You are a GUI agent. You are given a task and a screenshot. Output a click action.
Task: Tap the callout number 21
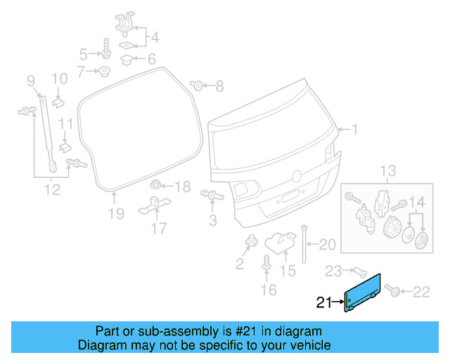[323, 303]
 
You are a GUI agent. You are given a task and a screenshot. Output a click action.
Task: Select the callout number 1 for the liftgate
[355, 129]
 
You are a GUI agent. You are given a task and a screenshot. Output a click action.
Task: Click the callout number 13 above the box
[389, 171]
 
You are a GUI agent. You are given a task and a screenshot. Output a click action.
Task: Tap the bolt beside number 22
[391, 290]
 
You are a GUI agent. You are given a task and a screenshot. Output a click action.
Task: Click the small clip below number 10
[58, 102]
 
